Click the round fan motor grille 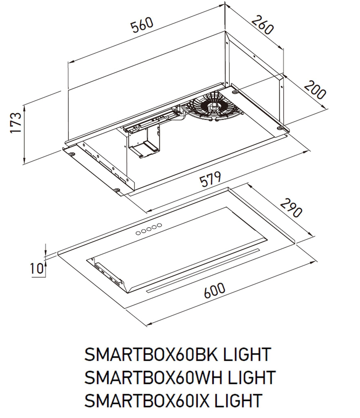212,107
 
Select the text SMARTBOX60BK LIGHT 177,355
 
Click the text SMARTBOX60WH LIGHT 179,377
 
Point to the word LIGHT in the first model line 246,355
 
